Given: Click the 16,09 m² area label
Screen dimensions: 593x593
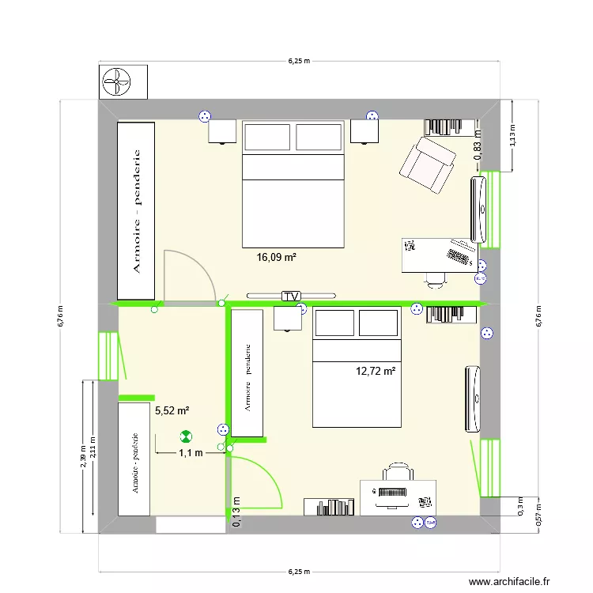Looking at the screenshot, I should (x=276, y=257).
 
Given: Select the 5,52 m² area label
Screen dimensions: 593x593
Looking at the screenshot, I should (x=172, y=410).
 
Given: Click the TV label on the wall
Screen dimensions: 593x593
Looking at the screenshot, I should (x=292, y=296).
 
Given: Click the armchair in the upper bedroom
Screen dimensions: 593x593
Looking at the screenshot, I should (x=429, y=164).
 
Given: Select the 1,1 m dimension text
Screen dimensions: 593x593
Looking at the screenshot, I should (x=191, y=453).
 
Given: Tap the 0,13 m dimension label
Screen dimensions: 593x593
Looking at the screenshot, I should (x=237, y=511).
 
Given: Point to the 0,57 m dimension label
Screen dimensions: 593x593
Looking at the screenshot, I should (x=538, y=517).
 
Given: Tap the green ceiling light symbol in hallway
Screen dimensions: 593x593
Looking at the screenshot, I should (x=186, y=435).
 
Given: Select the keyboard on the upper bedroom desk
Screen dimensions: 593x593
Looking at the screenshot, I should (x=459, y=255).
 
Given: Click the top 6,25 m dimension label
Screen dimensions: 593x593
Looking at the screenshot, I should (x=298, y=60).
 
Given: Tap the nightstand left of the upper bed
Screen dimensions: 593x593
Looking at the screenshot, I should (x=223, y=131).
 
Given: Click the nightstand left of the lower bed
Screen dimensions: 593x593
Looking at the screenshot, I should (x=287, y=318).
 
